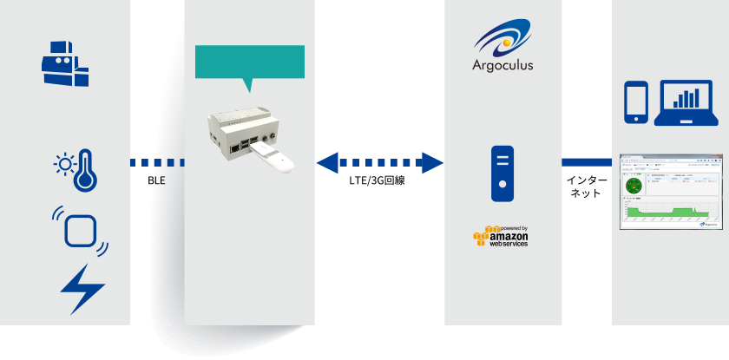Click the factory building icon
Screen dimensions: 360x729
pyautogui.click(x=65, y=61)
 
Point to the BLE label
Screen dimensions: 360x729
pyautogui.click(x=156, y=181)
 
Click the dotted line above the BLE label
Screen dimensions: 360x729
pyautogui.click(x=157, y=161)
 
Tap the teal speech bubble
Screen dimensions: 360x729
pyautogui.click(x=250, y=63)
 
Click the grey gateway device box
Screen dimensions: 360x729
pyautogui.click(x=240, y=130)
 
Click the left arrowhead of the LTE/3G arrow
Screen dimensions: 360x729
pyautogui.click(x=328, y=161)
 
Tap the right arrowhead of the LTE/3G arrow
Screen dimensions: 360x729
pyautogui.click(x=431, y=161)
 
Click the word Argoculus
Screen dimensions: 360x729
pyautogui.click(x=502, y=65)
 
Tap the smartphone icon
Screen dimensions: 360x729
pyautogui.click(x=637, y=102)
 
